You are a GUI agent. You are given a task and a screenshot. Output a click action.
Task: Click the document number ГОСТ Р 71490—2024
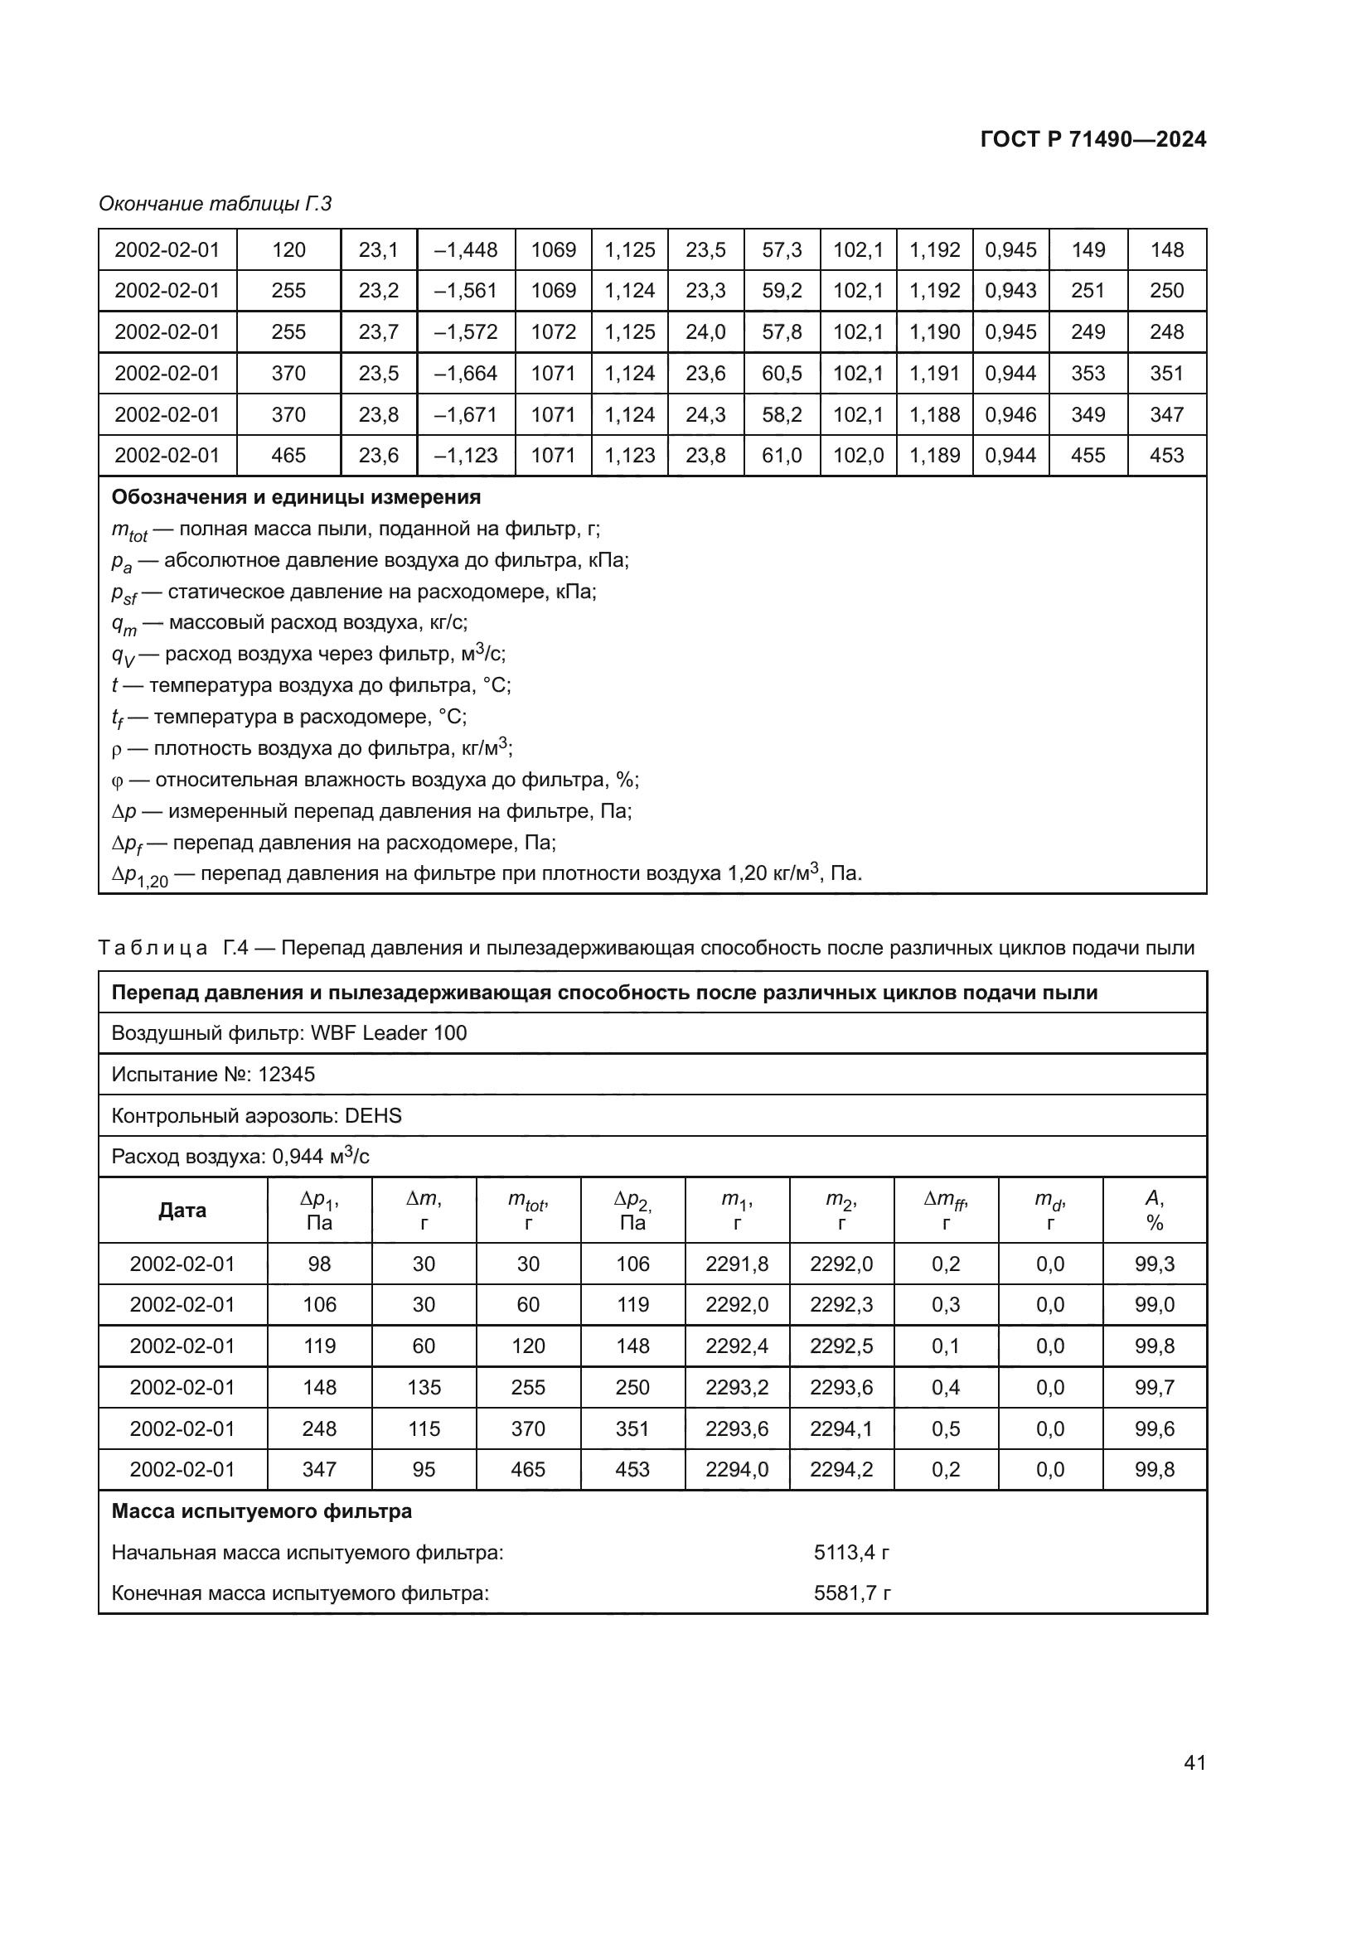coord(1092,139)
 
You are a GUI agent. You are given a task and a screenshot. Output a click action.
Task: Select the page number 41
coord(1194,1762)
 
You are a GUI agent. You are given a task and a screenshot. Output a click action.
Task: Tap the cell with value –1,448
coord(466,250)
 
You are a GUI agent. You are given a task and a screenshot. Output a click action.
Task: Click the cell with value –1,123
coord(466,456)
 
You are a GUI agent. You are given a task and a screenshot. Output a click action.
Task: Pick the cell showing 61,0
coord(782,456)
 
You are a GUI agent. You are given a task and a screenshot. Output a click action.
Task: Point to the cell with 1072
coord(553,331)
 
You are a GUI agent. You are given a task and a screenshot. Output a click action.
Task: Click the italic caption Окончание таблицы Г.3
coord(216,204)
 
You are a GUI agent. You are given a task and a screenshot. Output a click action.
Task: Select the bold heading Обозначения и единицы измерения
coord(295,497)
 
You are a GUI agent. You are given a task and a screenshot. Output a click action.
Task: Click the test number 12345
coord(286,1075)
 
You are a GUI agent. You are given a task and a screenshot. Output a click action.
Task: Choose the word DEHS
coord(373,1116)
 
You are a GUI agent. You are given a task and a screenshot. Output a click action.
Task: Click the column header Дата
coord(182,1211)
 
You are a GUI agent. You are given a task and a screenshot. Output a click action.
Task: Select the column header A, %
coord(1154,1211)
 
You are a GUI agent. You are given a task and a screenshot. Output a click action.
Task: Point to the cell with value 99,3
coord(1154,1264)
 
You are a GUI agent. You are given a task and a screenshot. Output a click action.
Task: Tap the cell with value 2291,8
coord(737,1264)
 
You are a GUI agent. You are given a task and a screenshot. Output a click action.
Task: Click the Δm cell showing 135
coord(424,1388)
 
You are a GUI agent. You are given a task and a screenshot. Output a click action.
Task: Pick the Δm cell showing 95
coord(424,1470)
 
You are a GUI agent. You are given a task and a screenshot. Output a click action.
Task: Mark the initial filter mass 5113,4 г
coord(851,1552)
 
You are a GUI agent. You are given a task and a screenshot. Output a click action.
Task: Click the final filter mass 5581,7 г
coord(852,1593)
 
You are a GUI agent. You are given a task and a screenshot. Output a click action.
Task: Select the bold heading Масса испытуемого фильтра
coord(262,1511)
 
